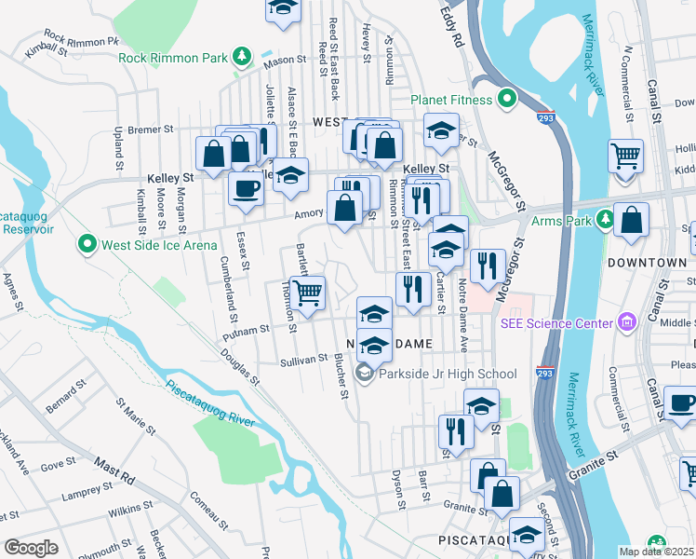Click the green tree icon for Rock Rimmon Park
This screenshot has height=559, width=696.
[242, 58]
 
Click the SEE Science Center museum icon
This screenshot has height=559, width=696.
[626, 322]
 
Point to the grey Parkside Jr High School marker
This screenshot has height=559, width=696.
[365, 374]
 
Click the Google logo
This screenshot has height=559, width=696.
[31, 547]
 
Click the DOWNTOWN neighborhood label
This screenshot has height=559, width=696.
[646, 263]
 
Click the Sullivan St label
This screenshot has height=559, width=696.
[303, 359]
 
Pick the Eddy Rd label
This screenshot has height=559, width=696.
[451, 26]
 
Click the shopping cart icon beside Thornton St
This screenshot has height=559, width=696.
[307, 292]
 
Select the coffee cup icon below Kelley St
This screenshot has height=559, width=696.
[246, 187]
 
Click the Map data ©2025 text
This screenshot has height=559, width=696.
[656, 552]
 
